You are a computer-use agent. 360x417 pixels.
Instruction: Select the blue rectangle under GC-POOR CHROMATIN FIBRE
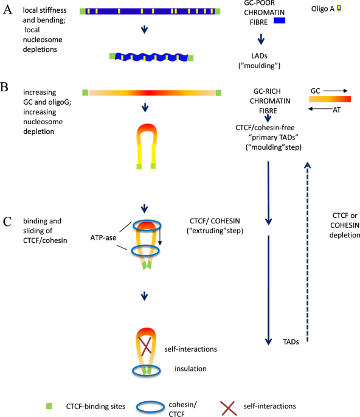click(280, 21)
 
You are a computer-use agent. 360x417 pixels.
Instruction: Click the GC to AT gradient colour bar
click(330, 98)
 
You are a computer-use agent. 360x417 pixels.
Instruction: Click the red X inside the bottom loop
click(145, 346)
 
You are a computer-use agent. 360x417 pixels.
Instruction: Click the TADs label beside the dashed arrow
click(291, 342)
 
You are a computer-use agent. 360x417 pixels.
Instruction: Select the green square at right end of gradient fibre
click(218, 93)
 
